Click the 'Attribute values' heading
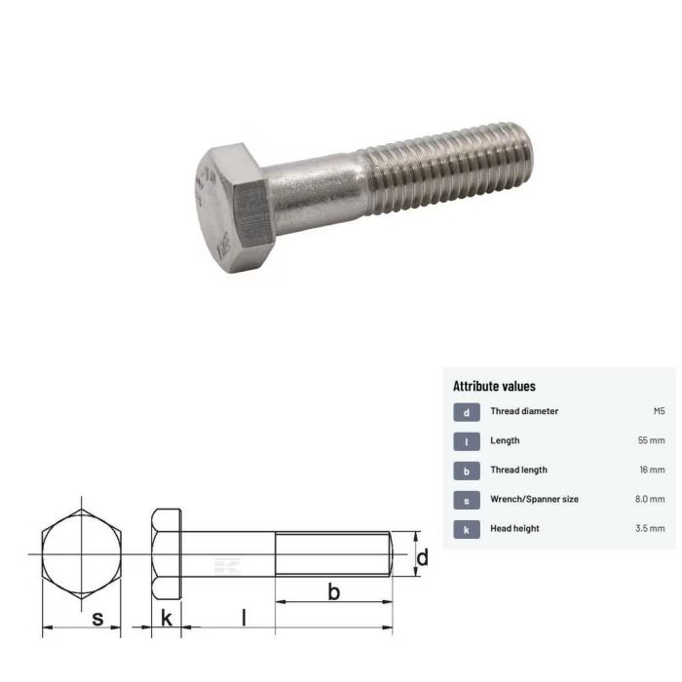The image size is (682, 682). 494,387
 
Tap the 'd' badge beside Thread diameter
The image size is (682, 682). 467,412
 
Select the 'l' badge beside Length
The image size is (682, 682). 467,441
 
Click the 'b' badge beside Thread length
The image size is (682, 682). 467,471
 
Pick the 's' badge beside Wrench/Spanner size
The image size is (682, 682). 467,500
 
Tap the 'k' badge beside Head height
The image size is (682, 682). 467,529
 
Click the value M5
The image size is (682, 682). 659,412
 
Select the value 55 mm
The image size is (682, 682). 651,441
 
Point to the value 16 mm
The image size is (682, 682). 651,471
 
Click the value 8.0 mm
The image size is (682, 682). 649,500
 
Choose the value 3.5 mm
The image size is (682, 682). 649,529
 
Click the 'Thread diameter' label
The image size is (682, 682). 524,412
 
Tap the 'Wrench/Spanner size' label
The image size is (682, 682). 534,500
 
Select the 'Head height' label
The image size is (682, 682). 514,529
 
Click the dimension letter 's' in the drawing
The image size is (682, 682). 97,618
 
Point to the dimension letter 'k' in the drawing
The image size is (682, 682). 167,618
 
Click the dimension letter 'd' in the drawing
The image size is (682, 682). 423,557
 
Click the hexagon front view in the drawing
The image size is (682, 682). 82,553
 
